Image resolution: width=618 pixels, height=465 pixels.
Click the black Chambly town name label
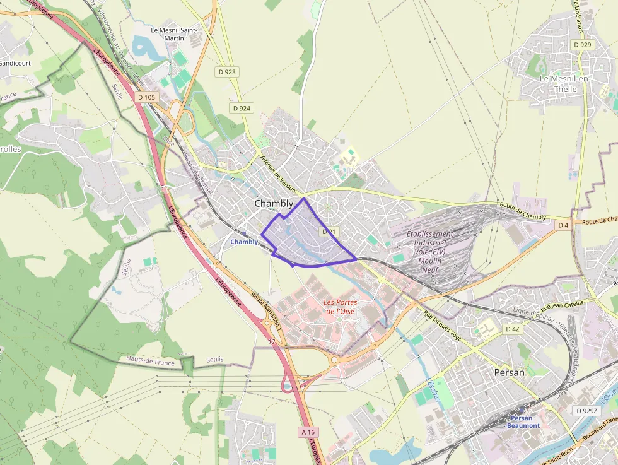[274, 204]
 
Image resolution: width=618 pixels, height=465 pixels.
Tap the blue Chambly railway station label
[244, 242]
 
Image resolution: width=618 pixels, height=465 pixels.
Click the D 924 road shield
[242, 109]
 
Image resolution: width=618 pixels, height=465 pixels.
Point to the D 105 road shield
[146, 97]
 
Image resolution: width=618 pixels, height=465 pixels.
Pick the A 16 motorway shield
[307, 432]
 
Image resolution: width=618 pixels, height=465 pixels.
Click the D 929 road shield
[583, 45]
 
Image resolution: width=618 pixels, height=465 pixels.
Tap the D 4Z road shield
[513, 329]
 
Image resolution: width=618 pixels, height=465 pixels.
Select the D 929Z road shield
[586, 411]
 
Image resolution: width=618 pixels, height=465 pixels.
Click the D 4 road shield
[563, 225]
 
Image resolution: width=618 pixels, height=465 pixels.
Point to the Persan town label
[510, 372]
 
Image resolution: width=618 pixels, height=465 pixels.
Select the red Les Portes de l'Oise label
[340, 307]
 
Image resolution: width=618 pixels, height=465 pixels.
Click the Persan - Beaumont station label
[522, 422]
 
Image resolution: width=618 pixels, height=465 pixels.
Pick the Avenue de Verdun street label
[279, 172]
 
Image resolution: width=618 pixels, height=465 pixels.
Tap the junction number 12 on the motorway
[272, 341]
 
